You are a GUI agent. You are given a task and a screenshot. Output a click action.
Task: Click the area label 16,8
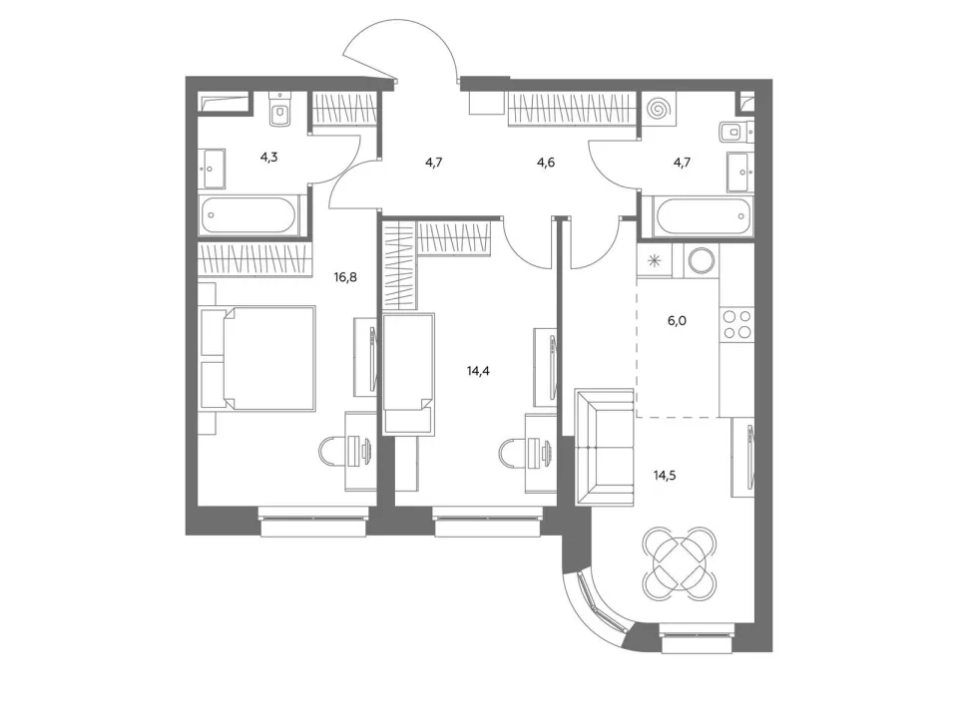345,278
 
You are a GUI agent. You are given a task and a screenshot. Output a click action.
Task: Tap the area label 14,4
478,371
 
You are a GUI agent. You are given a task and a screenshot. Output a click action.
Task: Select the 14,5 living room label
665,476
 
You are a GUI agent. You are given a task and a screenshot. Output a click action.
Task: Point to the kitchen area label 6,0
677,320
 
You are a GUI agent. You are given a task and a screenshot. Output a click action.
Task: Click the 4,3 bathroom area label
268,157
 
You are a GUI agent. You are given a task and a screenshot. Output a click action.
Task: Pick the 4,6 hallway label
546,163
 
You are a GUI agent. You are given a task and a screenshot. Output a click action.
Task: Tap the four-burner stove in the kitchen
736,323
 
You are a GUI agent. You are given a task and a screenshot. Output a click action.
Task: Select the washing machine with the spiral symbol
659,110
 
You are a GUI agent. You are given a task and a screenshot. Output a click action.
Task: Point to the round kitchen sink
701,260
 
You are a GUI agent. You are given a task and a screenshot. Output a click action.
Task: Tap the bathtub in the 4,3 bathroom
248,215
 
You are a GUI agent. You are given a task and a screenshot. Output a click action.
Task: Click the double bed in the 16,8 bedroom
257,358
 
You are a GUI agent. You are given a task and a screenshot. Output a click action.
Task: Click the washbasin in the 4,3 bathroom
212,170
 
